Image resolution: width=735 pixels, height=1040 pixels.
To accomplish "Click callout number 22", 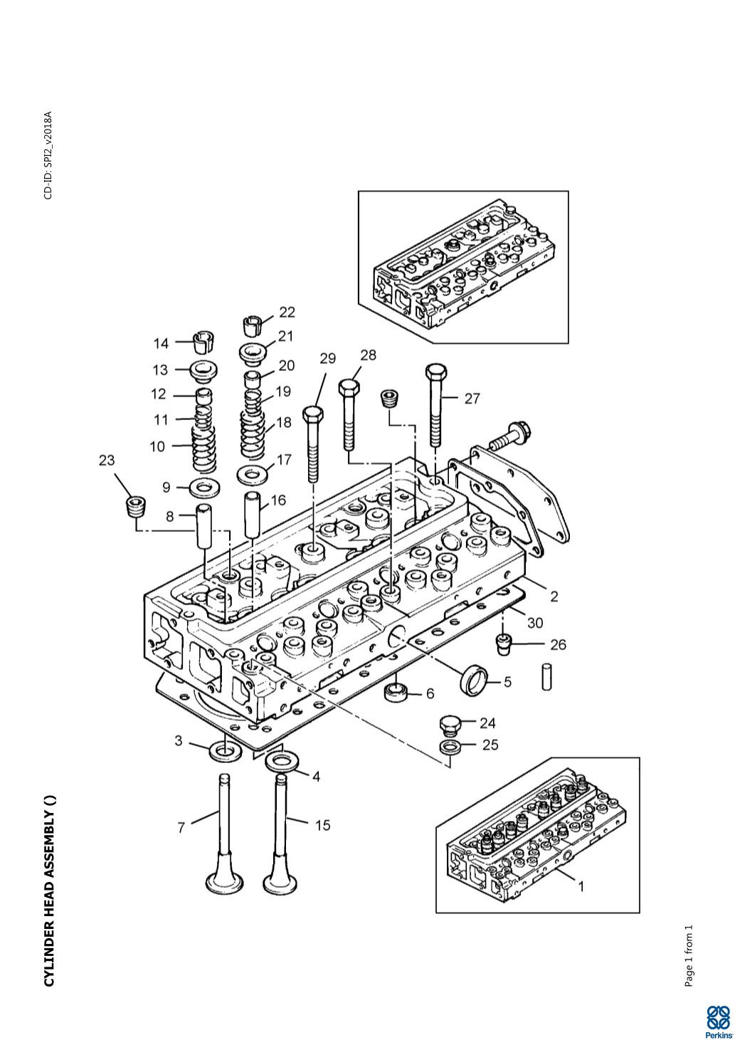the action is pyautogui.click(x=287, y=312).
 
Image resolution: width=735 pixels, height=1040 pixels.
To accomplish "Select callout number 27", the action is pyautogui.click(x=472, y=399).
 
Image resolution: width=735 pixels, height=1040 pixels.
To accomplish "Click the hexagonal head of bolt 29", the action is pyautogui.click(x=314, y=414).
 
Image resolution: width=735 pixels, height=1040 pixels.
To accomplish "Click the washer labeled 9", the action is pyautogui.click(x=205, y=488).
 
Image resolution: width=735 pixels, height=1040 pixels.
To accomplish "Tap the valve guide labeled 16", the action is pyautogui.click(x=253, y=508).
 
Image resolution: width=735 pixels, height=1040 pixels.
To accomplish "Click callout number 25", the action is pyautogui.click(x=490, y=745).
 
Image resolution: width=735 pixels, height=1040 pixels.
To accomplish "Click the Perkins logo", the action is pyautogui.click(x=719, y=1020).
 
